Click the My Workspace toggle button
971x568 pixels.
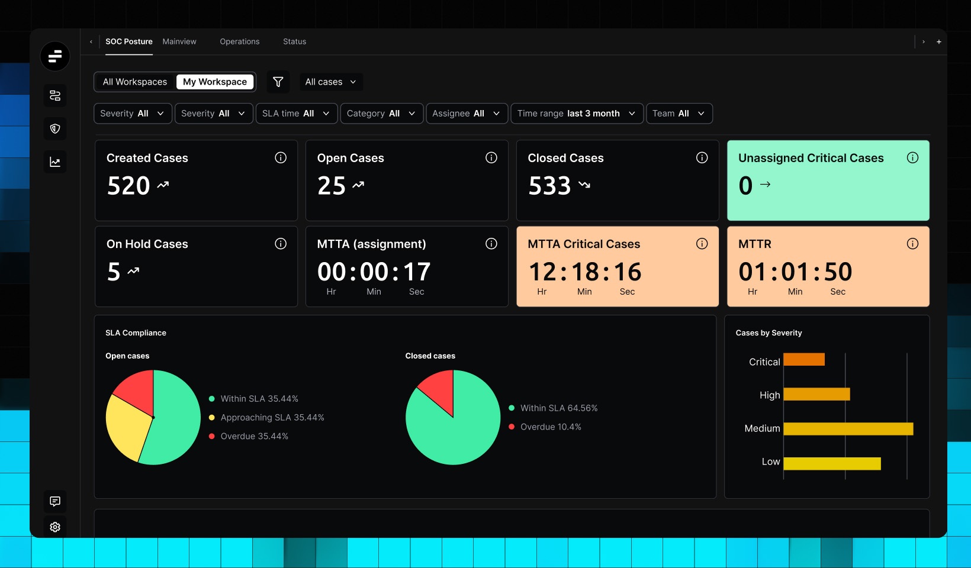215,82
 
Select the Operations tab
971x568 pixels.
239,41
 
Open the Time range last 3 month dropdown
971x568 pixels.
576,114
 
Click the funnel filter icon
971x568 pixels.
278,82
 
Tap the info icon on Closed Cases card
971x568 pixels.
702,157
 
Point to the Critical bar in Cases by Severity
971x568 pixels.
803,359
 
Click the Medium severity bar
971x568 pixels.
848,428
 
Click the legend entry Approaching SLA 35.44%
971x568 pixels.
272,418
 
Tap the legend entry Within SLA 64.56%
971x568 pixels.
558,408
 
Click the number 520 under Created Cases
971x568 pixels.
128,186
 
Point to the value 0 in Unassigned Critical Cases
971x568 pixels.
745,186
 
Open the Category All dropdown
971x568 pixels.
381,114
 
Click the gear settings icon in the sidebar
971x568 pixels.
55,527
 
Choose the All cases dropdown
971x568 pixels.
330,82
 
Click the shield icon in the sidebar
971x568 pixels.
55,128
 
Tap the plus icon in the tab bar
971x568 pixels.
938,41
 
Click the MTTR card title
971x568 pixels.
754,244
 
